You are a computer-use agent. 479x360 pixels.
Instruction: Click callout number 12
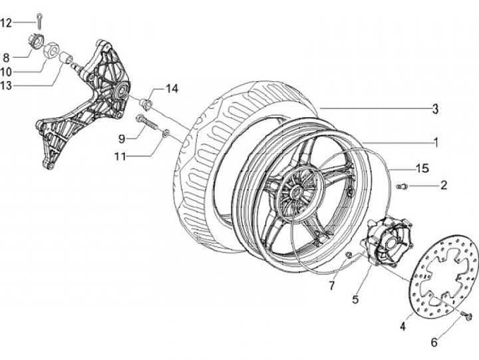(x=6, y=23)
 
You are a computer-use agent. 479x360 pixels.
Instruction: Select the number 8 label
(x=6, y=58)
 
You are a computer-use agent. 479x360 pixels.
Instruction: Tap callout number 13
(x=6, y=86)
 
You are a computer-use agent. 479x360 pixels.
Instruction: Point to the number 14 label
(x=172, y=89)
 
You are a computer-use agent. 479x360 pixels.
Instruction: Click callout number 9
(x=122, y=139)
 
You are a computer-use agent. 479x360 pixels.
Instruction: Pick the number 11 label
(x=120, y=157)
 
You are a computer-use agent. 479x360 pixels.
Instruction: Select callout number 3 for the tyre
(x=435, y=109)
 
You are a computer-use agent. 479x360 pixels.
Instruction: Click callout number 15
(x=423, y=168)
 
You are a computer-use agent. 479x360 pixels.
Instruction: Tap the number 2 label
(x=444, y=185)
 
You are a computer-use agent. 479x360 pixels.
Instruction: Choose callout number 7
(x=332, y=285)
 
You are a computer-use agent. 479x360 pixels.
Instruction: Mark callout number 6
(x=434, y=343)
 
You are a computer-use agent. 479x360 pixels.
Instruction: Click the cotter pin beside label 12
(x=40, y=21)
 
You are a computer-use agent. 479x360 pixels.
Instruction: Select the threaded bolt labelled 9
(x=148, y=122)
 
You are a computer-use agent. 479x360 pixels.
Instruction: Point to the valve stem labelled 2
(x=402, y=186)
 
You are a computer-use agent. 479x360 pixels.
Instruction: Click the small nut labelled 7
(x=349, y=254)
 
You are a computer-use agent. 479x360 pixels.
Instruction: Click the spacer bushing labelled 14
(x=146, y=103)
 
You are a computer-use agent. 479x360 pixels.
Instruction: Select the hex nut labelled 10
(x=51, y=50)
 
